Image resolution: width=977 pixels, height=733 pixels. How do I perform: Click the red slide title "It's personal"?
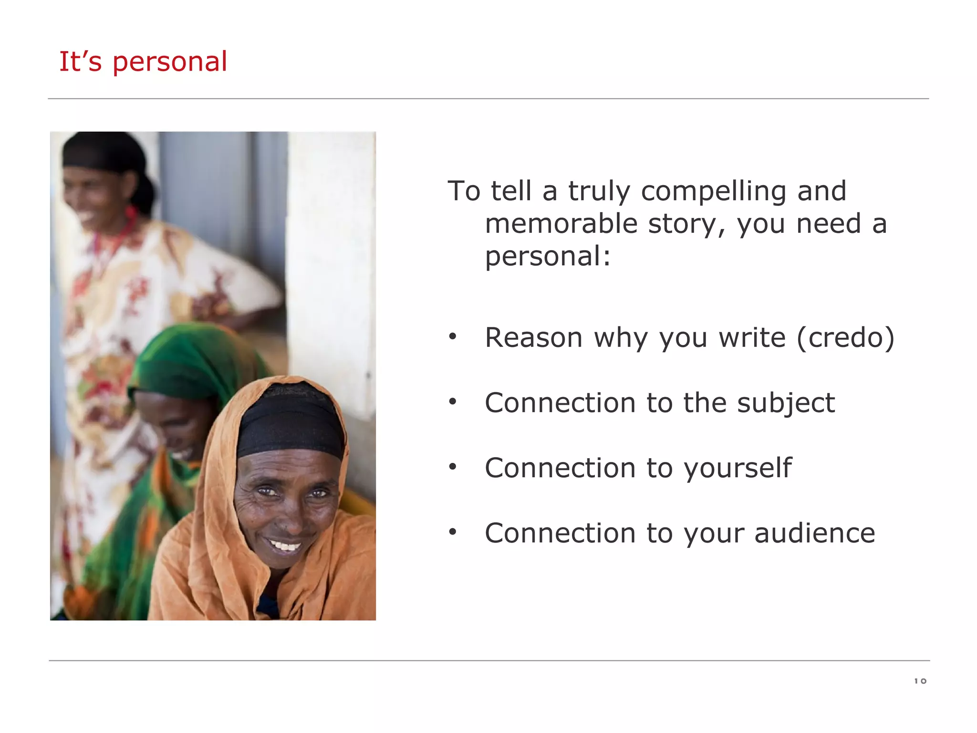143,62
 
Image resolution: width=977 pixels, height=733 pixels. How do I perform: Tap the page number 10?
920,681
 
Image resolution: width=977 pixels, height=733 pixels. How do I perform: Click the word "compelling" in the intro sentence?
713,192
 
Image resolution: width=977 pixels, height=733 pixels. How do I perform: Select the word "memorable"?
561,224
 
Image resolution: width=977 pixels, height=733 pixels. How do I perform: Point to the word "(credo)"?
845,338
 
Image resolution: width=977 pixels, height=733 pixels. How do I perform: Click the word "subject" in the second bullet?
786,403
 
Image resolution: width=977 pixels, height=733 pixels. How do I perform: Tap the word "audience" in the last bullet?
814,533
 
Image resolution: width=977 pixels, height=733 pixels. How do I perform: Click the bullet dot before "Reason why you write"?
453,337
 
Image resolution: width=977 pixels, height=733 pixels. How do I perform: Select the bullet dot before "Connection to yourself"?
453,467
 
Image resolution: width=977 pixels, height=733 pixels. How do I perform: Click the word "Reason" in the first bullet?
533,338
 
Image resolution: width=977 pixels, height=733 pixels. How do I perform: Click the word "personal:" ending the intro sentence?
548,256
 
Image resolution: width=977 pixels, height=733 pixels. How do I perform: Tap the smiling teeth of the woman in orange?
285,545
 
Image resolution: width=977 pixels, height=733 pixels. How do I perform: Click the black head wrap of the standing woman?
103,153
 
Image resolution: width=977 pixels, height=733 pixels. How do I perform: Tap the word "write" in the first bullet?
752,338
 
